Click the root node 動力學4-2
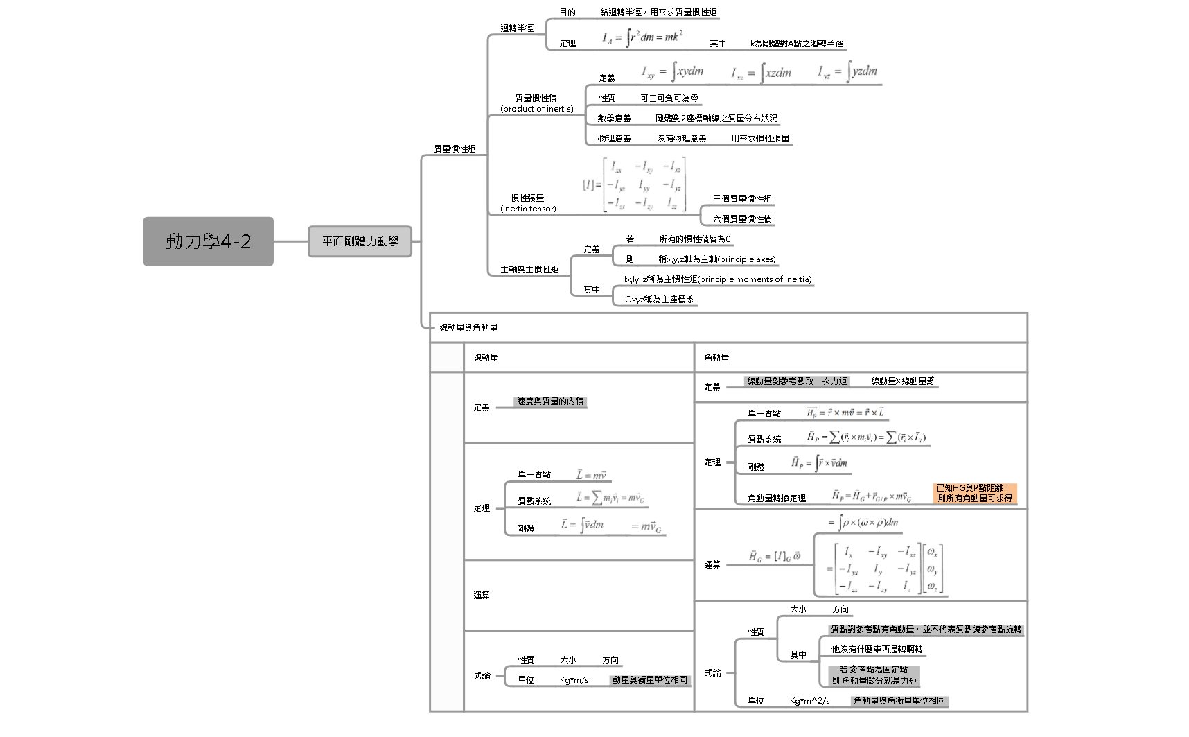coord(208,241)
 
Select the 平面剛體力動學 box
coord(360,241)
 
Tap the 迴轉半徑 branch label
coord(517,28)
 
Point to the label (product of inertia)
coord(537,109)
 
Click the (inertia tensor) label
coord(528,209)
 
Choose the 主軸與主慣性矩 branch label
coord(529,270)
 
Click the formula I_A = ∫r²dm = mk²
coord(642,37)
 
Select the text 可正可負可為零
coord(669,98)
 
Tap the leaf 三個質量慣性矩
coord(742,199)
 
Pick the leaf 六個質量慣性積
coord(742,219)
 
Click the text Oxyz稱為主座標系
coord(659,300)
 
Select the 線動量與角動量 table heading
coord(468,328)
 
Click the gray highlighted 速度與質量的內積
coord(550,401)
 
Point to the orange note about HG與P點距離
coord(974,493)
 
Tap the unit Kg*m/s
coord(574,680)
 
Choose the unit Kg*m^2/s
coord(809,701)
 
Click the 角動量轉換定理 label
coord(776,498)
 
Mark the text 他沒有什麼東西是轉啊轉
coord(877,650)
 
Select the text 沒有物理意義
coord(681,139)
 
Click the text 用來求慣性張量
coord(760,139)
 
